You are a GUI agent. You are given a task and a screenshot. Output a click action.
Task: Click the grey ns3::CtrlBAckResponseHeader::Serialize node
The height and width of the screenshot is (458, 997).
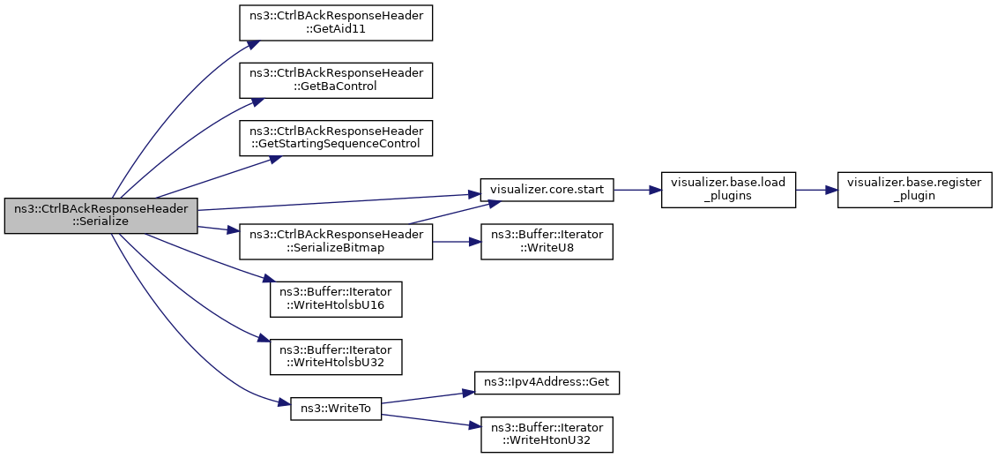point(101,215)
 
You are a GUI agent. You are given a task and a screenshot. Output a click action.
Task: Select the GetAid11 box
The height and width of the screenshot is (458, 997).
point(336,24)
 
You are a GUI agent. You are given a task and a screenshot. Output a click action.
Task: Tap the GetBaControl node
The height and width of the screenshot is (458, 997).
point(336,80)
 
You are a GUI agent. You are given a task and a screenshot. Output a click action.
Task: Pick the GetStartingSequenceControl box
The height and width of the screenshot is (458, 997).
point(336,138)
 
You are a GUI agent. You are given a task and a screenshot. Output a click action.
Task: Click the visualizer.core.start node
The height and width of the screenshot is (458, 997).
point(547,190)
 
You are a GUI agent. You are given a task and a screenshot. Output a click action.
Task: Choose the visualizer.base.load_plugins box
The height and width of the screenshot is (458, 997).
point(728,190)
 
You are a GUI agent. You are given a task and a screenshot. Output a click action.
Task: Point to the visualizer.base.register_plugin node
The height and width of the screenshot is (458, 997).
point(914,190)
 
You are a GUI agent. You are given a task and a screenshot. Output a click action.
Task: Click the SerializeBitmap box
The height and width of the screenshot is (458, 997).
point(336,242)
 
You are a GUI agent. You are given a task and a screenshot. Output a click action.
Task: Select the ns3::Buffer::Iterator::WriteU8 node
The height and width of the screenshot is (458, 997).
point(547,242)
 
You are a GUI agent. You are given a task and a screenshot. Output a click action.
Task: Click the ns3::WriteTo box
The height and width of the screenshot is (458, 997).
point(336,409)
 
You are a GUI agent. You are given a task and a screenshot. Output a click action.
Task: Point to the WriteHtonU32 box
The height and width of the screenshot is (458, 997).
point(547,434)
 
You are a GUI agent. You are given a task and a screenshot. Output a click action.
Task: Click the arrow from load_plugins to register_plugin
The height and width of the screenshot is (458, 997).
point(816,190)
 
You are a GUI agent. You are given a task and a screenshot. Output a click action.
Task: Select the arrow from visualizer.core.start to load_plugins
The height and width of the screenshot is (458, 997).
point(637,190)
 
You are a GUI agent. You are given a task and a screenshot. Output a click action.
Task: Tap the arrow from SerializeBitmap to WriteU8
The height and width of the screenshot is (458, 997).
point(457,242)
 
